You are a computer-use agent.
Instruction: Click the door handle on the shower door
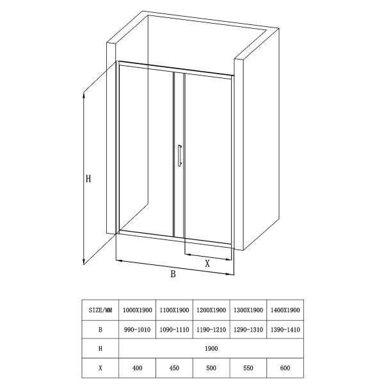coord(180,156)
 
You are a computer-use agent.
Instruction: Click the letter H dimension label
coord(90,180)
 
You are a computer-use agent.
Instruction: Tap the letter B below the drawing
coord(173,275)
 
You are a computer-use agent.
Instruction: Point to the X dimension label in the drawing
coord(207,263)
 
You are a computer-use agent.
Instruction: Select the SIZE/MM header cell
coord(100,310)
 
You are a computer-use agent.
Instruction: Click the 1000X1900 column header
coord(138,310)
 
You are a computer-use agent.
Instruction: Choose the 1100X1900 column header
coord(174,310)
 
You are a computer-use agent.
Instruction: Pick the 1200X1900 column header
coord(211,310)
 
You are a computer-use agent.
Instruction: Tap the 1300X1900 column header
coord(248,310)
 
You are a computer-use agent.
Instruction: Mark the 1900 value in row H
coord(211,349)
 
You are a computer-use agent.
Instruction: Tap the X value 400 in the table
coord(138,369)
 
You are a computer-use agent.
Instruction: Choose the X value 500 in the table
coord(211,369)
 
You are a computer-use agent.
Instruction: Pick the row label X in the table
coord(100,369)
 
